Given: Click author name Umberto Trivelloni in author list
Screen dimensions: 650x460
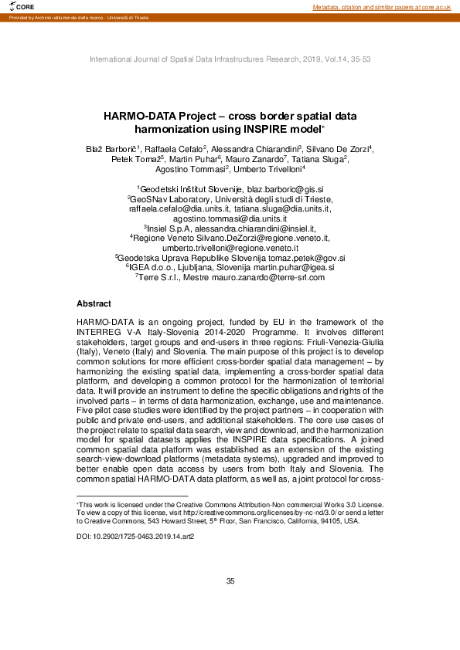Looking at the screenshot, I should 268,169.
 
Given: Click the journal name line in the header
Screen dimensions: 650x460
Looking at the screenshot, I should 230,59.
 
